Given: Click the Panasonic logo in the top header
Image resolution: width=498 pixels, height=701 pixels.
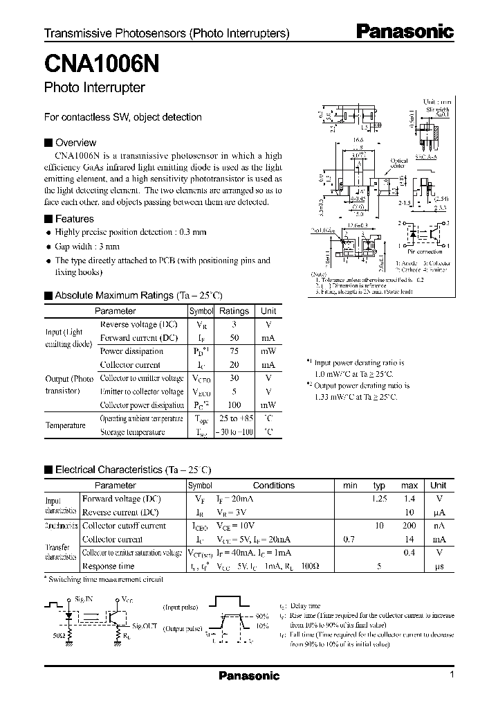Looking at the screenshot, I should pos(405,31).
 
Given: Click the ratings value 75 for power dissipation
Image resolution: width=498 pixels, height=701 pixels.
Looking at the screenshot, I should pos(234,351).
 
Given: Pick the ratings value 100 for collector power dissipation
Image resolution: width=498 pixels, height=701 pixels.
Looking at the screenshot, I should pos(234,405).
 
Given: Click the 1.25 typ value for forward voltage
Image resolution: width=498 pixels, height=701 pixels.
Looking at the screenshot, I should pos(379,499).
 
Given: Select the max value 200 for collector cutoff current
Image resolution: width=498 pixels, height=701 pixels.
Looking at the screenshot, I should pos(409,526).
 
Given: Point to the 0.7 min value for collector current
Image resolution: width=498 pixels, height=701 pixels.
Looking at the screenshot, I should pos(349,539).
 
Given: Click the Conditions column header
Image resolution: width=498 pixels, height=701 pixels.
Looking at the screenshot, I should pos(273,486).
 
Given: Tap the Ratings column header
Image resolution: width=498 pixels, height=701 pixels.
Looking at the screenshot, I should pos(234,311).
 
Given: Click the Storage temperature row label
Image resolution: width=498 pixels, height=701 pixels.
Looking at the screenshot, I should pos(133,432).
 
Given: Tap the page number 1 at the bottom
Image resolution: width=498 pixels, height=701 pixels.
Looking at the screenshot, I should pos(452,675).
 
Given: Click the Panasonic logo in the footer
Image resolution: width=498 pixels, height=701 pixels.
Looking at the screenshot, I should pos(249,676).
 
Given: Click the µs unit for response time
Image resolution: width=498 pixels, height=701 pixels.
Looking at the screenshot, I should pos(438,566).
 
